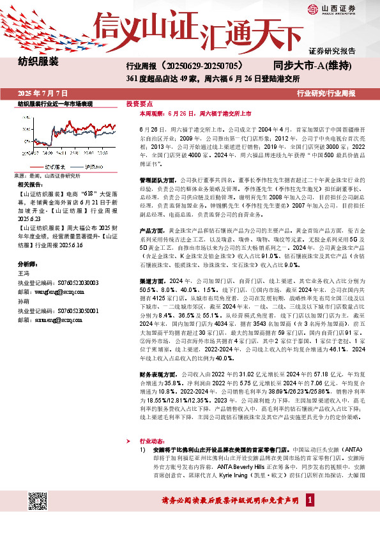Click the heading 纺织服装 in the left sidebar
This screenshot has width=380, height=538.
(38, 62)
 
